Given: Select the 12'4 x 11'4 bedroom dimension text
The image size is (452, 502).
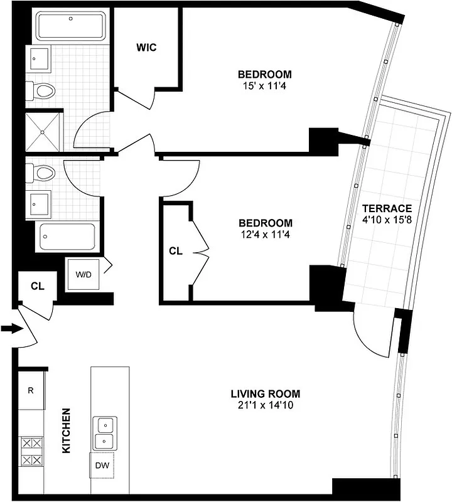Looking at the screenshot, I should point(265,235).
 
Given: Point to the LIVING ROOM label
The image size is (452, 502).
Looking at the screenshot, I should point(265,394).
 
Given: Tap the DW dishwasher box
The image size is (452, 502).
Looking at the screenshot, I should point(102,466).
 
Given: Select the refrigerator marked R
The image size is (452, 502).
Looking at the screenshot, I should point(30,390).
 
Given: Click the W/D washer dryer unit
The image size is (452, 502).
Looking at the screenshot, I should point(83,274).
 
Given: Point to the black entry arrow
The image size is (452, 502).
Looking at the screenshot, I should point(11,328).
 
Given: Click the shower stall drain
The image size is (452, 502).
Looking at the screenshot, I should point(43,132).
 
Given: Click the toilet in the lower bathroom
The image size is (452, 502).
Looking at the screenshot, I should point(43,171).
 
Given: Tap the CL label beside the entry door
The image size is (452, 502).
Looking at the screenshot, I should point(38,286).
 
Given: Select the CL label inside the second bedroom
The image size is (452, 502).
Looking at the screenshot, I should point(176,251).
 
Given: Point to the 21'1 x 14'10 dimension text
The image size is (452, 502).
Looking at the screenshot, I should point(265,405).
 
